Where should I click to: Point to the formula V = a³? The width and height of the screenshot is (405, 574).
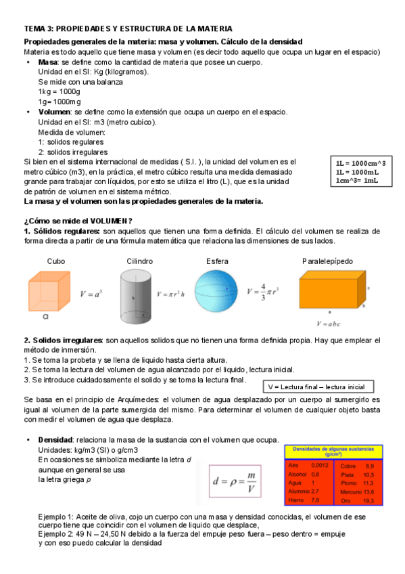[91, 294]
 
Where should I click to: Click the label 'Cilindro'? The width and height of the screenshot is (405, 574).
[139, 261]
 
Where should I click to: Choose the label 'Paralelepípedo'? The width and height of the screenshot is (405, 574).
[327, 261]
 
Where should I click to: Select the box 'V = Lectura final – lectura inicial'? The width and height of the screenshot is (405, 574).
[317, 387]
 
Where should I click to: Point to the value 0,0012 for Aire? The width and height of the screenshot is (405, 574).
[320, 466]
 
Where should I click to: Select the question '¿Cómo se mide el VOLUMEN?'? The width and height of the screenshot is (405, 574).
[78, 221]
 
